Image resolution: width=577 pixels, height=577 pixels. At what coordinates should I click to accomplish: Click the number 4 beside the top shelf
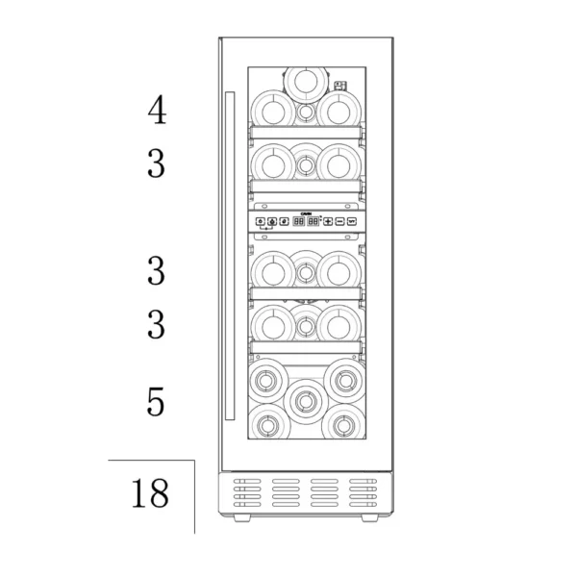tap(156, 111)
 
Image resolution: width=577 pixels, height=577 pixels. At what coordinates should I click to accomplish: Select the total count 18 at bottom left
tap(149, 493)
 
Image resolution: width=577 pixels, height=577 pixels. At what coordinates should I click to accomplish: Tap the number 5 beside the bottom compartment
tap(156, 401)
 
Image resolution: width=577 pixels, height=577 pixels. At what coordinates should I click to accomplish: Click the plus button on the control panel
tap(328, 221)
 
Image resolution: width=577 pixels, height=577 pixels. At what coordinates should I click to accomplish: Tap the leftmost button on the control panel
tap(261, 221)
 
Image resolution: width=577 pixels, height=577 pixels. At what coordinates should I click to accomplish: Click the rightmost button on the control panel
tap(352, 221)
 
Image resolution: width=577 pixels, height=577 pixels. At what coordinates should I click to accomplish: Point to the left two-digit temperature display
tap(298, 221)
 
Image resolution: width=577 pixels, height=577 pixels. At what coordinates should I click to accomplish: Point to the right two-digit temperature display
tap(314, 221)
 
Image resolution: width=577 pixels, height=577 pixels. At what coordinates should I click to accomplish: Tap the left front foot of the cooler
tap(240, 516)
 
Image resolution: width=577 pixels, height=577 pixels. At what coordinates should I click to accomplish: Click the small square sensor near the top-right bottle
tap(339, 85)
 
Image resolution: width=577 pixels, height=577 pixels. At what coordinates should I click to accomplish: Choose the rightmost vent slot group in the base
tap(361, 493)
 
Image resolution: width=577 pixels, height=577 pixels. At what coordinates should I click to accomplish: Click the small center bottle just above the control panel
tap(306, 165)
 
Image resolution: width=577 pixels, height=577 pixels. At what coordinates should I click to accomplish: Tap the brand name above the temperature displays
tap(306, 212)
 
